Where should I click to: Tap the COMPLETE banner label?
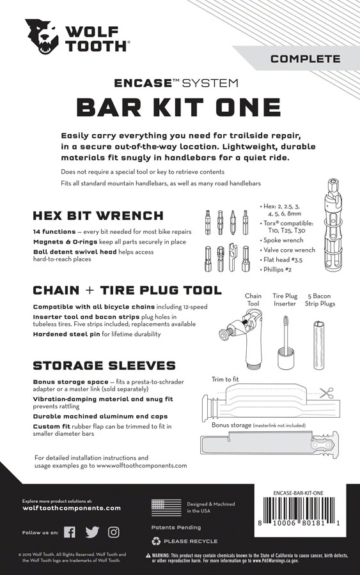[305, 59]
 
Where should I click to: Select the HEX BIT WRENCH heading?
[98, 215]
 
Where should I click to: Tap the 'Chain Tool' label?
[253, 299]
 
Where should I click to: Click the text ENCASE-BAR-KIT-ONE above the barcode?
[306, 491]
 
